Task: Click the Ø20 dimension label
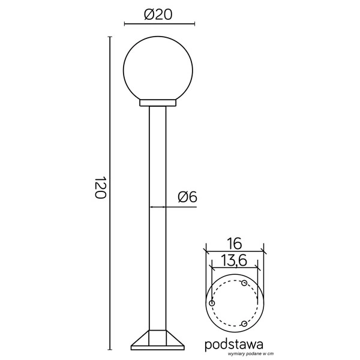(158, 15)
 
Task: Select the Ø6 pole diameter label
(188, 196)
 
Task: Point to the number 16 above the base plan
(234, 243)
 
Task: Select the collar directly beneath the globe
(158, 103)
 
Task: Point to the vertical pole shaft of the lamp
(158, 216)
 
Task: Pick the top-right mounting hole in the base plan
(244, 283)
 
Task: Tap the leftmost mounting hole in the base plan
(211, 304)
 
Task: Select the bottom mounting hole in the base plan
(244, 324)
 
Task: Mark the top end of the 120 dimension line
(110, 37)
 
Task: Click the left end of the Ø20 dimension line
(124, 24)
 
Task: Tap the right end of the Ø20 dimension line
(194, 24)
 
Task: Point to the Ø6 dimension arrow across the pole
(158, 207)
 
